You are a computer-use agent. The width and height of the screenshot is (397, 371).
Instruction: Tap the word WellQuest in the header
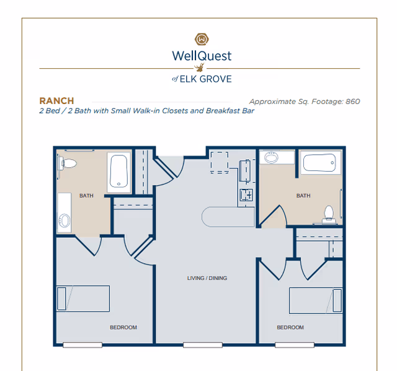[202, 56]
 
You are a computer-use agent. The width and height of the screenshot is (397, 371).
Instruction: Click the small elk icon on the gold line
[200, 68]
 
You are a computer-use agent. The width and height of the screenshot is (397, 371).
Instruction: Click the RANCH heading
[56, 101]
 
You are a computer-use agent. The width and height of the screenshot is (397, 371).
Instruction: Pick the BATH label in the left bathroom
[86, 196]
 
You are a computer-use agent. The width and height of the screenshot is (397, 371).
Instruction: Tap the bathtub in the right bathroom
[321, 164]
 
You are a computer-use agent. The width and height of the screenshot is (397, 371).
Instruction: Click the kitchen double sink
[246, 196]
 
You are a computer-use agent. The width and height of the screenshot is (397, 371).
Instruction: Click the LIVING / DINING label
[207, 278]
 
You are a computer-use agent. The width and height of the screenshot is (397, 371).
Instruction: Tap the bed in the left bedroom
[83, 299]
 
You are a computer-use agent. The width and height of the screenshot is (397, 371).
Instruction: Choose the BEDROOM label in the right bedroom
[290, 327]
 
